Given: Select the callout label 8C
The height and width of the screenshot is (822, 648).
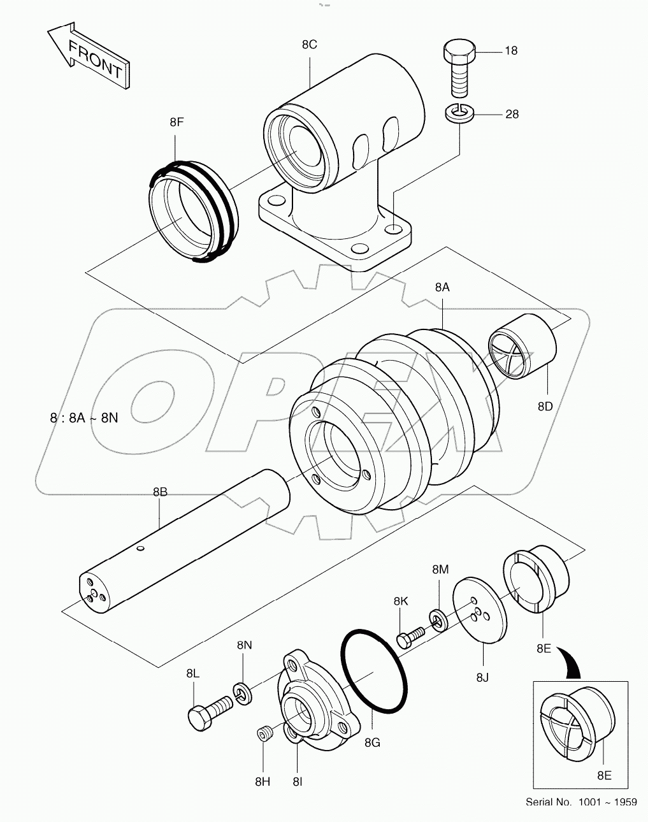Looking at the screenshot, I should (309, 45).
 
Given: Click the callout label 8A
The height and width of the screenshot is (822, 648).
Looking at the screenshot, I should (442, 287).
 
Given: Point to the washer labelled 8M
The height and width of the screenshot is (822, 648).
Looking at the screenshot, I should (438, 618).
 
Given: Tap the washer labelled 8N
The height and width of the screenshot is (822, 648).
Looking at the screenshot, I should (241, 692).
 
